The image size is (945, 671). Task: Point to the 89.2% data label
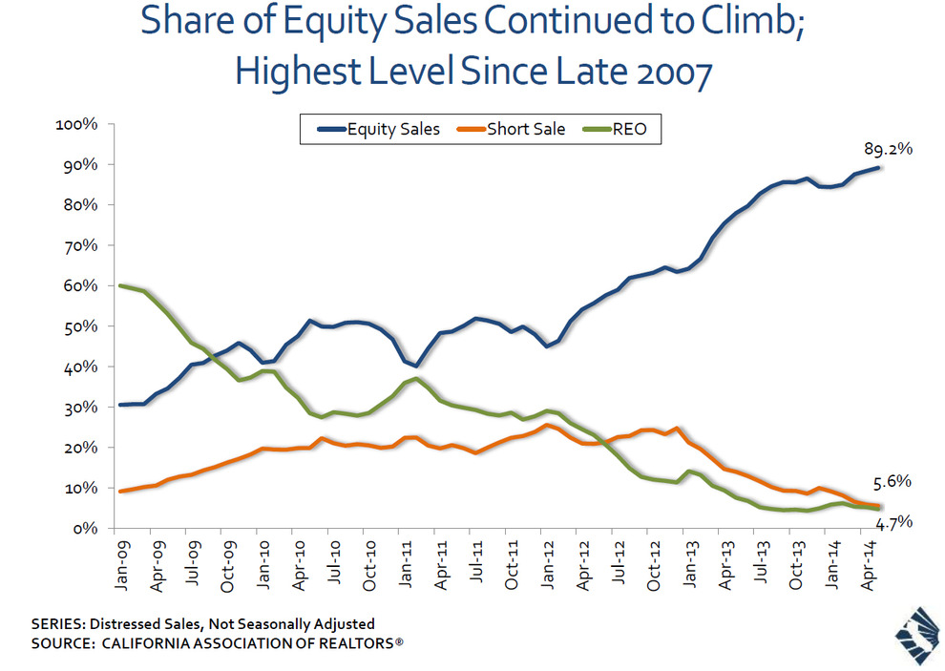coord(888,150)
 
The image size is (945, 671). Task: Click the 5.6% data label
coord(892,482)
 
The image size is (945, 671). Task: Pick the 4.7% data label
coord(892,522)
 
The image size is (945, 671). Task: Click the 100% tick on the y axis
coord(76,125)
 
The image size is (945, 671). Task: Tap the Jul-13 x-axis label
coord(761,563)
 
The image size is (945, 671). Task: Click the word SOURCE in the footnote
coord(61,643)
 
